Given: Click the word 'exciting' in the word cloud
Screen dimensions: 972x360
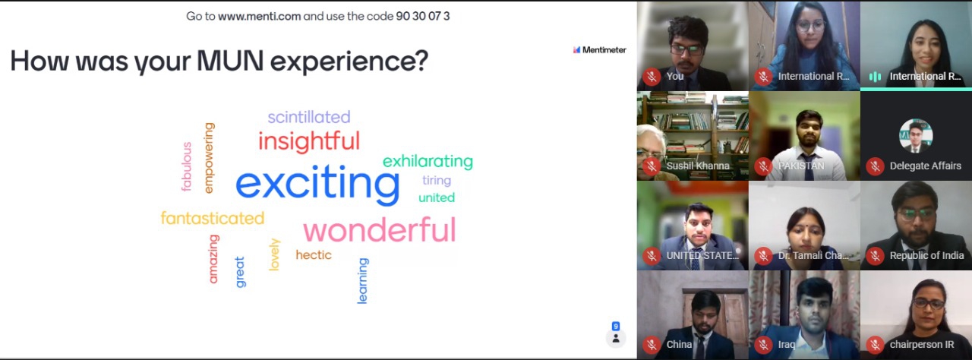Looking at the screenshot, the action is [317, 184].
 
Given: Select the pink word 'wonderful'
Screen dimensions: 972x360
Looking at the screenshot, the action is [380, 230].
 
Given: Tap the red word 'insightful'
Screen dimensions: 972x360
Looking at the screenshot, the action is [309, 141].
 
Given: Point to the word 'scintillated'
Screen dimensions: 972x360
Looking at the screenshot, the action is [309, 117].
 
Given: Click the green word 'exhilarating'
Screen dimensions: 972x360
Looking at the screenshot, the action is [428, 161].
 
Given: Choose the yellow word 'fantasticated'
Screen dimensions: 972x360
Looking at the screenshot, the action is [212, 218].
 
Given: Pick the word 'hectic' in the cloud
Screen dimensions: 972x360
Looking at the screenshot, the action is [314, 254].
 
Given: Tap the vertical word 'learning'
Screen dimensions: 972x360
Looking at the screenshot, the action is [363, 280].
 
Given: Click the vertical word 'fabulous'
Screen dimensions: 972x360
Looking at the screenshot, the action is [187, 166].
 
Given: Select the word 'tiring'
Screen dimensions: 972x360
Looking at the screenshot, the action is [437, 181].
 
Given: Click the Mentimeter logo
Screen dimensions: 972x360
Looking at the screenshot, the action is [600, 50].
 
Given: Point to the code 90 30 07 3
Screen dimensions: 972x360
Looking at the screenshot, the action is [423, 16].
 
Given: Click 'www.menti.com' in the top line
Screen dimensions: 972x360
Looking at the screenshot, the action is [259, 17].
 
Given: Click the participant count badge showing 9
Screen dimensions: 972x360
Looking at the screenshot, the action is [616, 326].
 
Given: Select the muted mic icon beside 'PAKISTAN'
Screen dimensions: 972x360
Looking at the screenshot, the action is [763, 166].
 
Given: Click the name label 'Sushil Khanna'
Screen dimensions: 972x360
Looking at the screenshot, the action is [698, 166].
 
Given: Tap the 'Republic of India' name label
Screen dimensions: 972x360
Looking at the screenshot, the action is [927, 255].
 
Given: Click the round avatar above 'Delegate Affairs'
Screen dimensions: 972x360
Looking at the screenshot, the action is [916, 136].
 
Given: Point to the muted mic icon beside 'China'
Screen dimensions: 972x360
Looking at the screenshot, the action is [652, 345].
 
